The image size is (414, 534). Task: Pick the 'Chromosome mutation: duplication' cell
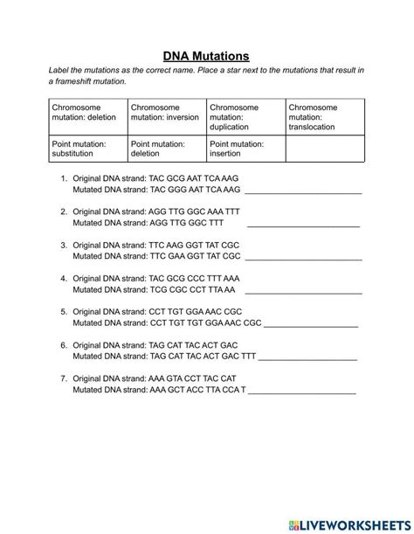point(245,116)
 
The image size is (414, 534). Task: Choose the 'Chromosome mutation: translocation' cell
point(324,116)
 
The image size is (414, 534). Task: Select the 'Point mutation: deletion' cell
point(166,149)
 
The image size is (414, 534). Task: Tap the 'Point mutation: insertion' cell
point(245,149)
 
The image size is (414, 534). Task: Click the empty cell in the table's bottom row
point(324,149)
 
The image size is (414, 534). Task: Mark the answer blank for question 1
point(306,192)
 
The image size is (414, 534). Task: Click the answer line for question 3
point(306,259)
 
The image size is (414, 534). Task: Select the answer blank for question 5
point(311,325)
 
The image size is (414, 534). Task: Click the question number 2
point(64,212)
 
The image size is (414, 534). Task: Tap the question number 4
point(64,278)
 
